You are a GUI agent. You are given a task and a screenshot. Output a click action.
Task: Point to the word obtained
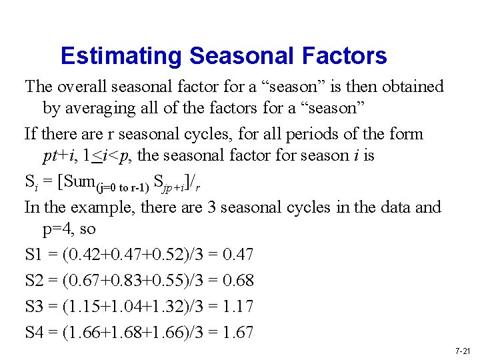click(x=409, y=87)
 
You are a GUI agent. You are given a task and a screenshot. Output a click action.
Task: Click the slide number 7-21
click(x=463, y=351)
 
